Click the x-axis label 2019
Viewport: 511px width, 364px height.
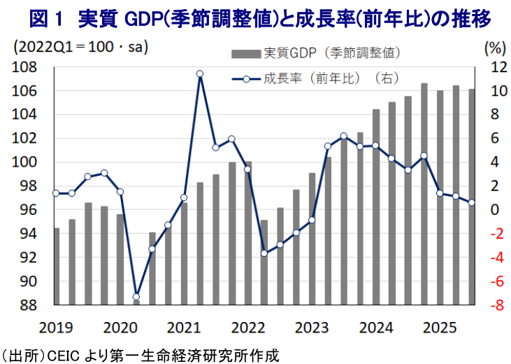55,328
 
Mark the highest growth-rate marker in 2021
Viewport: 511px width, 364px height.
200,74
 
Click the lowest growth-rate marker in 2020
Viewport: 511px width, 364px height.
136,297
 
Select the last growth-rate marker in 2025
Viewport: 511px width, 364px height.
471,203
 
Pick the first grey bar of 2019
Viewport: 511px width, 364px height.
57,266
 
